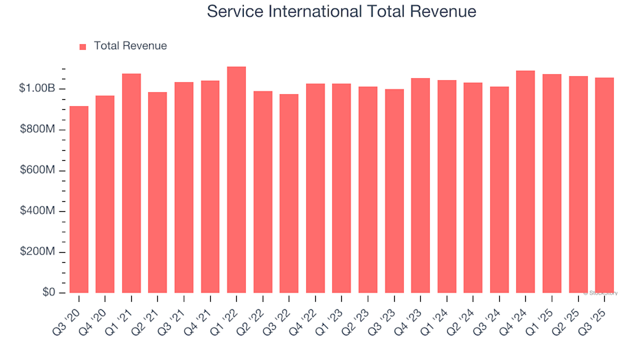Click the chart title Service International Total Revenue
(x=341, y=11)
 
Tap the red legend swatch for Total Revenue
(x=83, y=47)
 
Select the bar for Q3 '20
(x=79, y=200)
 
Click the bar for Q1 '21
(x=131, y=183)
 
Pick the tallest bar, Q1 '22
(x=237, y=180)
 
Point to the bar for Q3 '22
(x=289, y=193)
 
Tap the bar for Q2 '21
(x=157, y=193)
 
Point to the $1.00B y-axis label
(x=37, y=89)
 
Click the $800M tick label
(x=37, y=129)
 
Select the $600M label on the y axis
(x=37, y=171)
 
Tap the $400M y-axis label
(x=37, y=211)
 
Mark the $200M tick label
(x=37, y=252)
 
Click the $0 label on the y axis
(x=49, y=293)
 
